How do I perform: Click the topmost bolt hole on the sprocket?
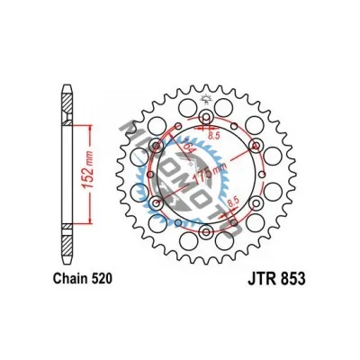[207, 117]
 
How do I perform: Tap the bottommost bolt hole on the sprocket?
[207, 234]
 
